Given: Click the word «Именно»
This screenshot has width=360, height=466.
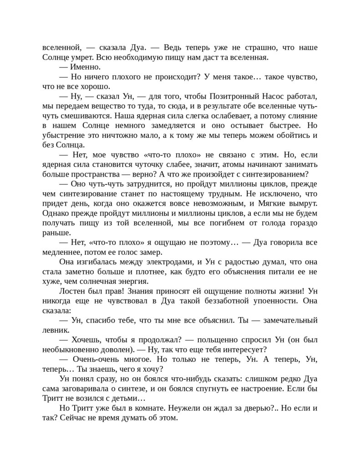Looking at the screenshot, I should point(85,67).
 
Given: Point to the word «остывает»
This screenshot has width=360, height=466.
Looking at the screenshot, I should point(243,125).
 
